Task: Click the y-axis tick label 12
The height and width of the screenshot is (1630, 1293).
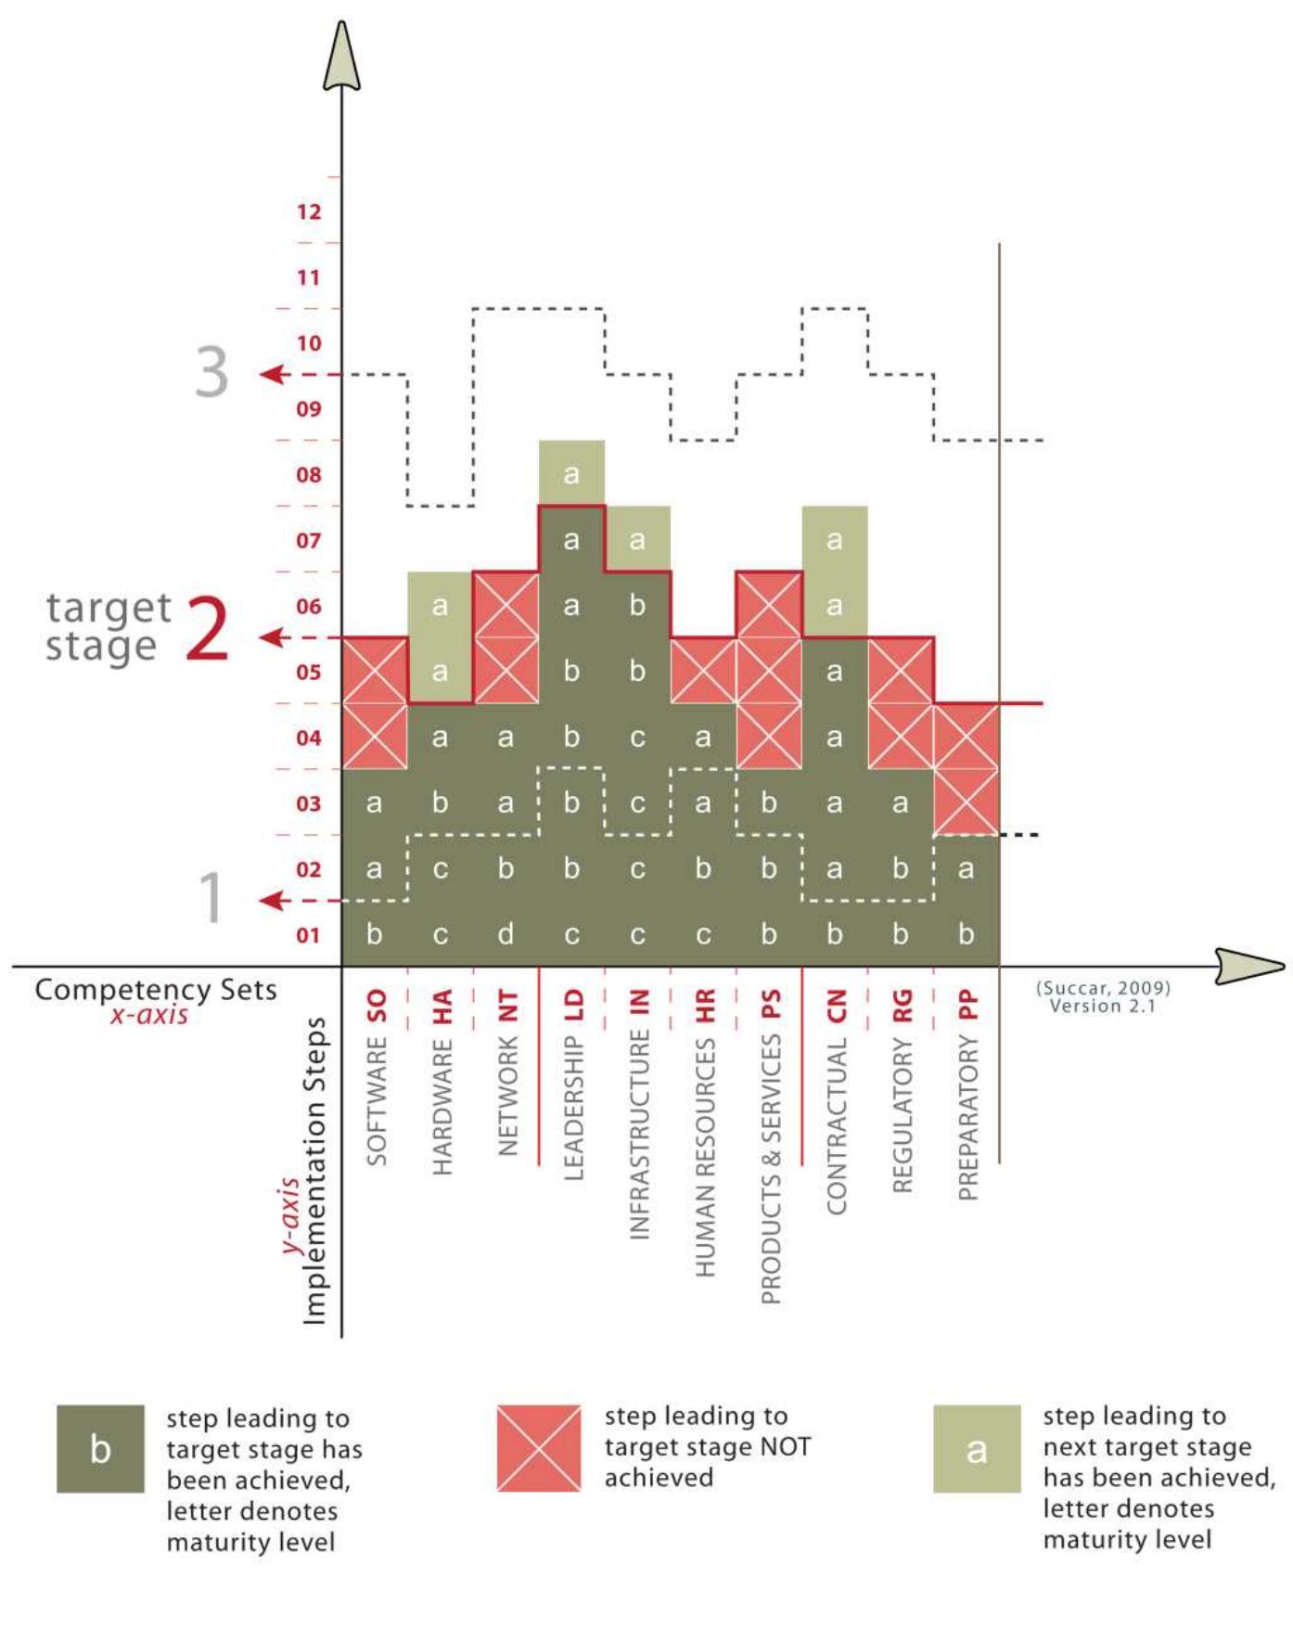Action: (309, 212)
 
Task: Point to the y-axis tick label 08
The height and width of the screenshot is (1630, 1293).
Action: (309, 475)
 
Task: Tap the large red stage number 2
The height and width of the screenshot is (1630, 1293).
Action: (207, 629)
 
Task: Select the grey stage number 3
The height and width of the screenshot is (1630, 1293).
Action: (211, 372)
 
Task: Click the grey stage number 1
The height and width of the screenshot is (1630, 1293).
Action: (212, 898)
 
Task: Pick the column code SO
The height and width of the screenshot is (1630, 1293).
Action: (376, 1006)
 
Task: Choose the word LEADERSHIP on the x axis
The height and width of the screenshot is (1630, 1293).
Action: (573, 1109)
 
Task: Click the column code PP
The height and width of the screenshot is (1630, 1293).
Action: (967, 1006)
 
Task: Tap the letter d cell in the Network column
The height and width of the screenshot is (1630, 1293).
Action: (506, 934)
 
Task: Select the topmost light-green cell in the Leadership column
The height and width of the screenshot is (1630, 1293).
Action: (571, 473)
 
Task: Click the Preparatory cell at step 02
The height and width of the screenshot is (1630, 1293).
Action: (967, 868)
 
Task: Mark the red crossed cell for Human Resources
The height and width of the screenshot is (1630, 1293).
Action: (703, 670)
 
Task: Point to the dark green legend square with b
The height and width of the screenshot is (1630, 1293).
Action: (100, 1448)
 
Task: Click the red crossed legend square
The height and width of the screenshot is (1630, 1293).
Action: (539, 1448)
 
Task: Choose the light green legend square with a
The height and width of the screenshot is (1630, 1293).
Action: (977, 1448)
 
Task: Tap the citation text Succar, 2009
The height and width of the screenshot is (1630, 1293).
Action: (1103, 988)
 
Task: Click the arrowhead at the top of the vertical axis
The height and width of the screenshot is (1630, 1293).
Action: (341, 58)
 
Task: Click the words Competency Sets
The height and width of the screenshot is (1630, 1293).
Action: (156, 990)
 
